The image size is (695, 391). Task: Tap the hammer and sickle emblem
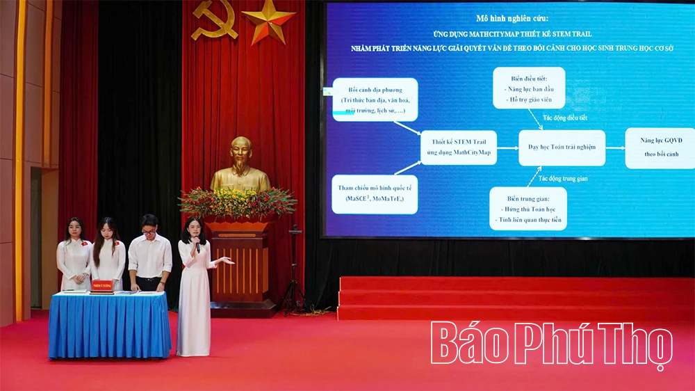(214, 19)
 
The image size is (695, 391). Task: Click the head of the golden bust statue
(240, 154)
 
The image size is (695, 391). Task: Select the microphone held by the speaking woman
(197, 244)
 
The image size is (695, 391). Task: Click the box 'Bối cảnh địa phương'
(375, 99)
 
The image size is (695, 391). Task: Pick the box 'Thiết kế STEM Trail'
(459, 147)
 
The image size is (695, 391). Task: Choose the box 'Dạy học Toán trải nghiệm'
(562, 147)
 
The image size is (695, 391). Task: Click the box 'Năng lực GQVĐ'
(658, 147)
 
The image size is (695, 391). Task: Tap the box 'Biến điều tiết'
(529, 88)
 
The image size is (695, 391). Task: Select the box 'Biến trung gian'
(528, 208)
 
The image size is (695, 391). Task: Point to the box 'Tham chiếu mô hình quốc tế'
(375, 194)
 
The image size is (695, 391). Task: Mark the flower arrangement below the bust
(238, 202)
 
